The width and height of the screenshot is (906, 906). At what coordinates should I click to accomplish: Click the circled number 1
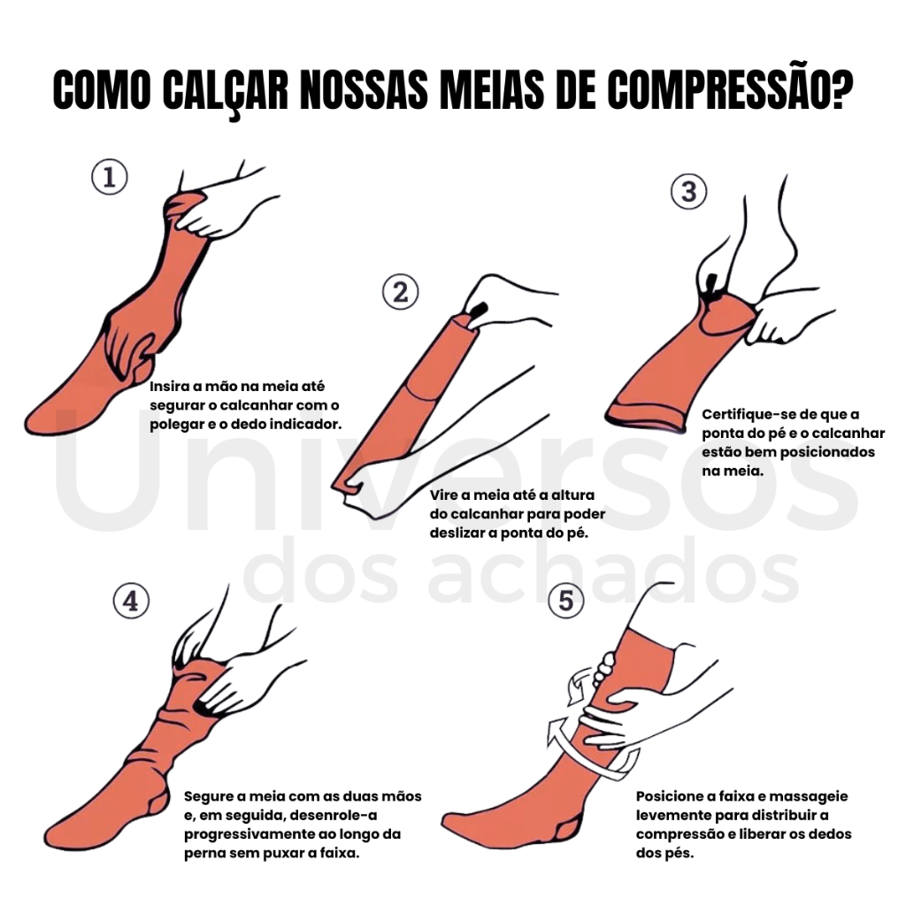pyautogui.click(x=110, y=177)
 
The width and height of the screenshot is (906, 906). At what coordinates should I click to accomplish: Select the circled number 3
pyautogui.click(x=688, y=191)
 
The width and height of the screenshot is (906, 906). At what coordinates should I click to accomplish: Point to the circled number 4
pyautogui.click(x=131, y=601)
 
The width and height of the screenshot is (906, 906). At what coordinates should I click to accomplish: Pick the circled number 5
pyautogui.click(x=565, y=601)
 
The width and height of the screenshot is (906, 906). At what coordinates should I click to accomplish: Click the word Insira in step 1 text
pyautogui.click(x=168, y=386)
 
